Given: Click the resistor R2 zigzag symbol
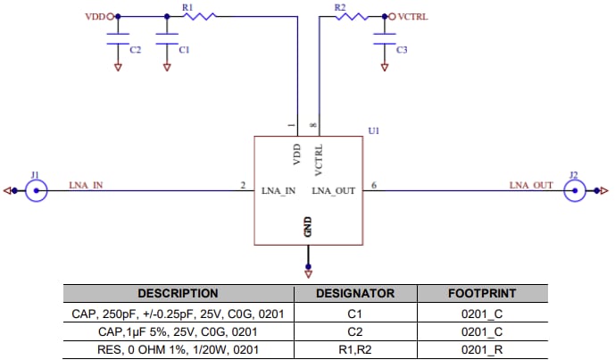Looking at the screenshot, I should [x=350, y=16].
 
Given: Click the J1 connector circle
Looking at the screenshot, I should [x=37, y=190].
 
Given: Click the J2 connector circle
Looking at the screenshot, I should [x=575, y=190].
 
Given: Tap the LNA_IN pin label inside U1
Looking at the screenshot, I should [x=278, y=191].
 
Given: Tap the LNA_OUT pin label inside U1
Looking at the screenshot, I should [x=335, y=191].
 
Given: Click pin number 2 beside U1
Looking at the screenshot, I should [x=243, y=185].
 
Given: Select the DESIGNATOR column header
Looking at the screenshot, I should [x=355, y=293].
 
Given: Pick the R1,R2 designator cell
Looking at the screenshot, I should [x=355, y=347].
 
